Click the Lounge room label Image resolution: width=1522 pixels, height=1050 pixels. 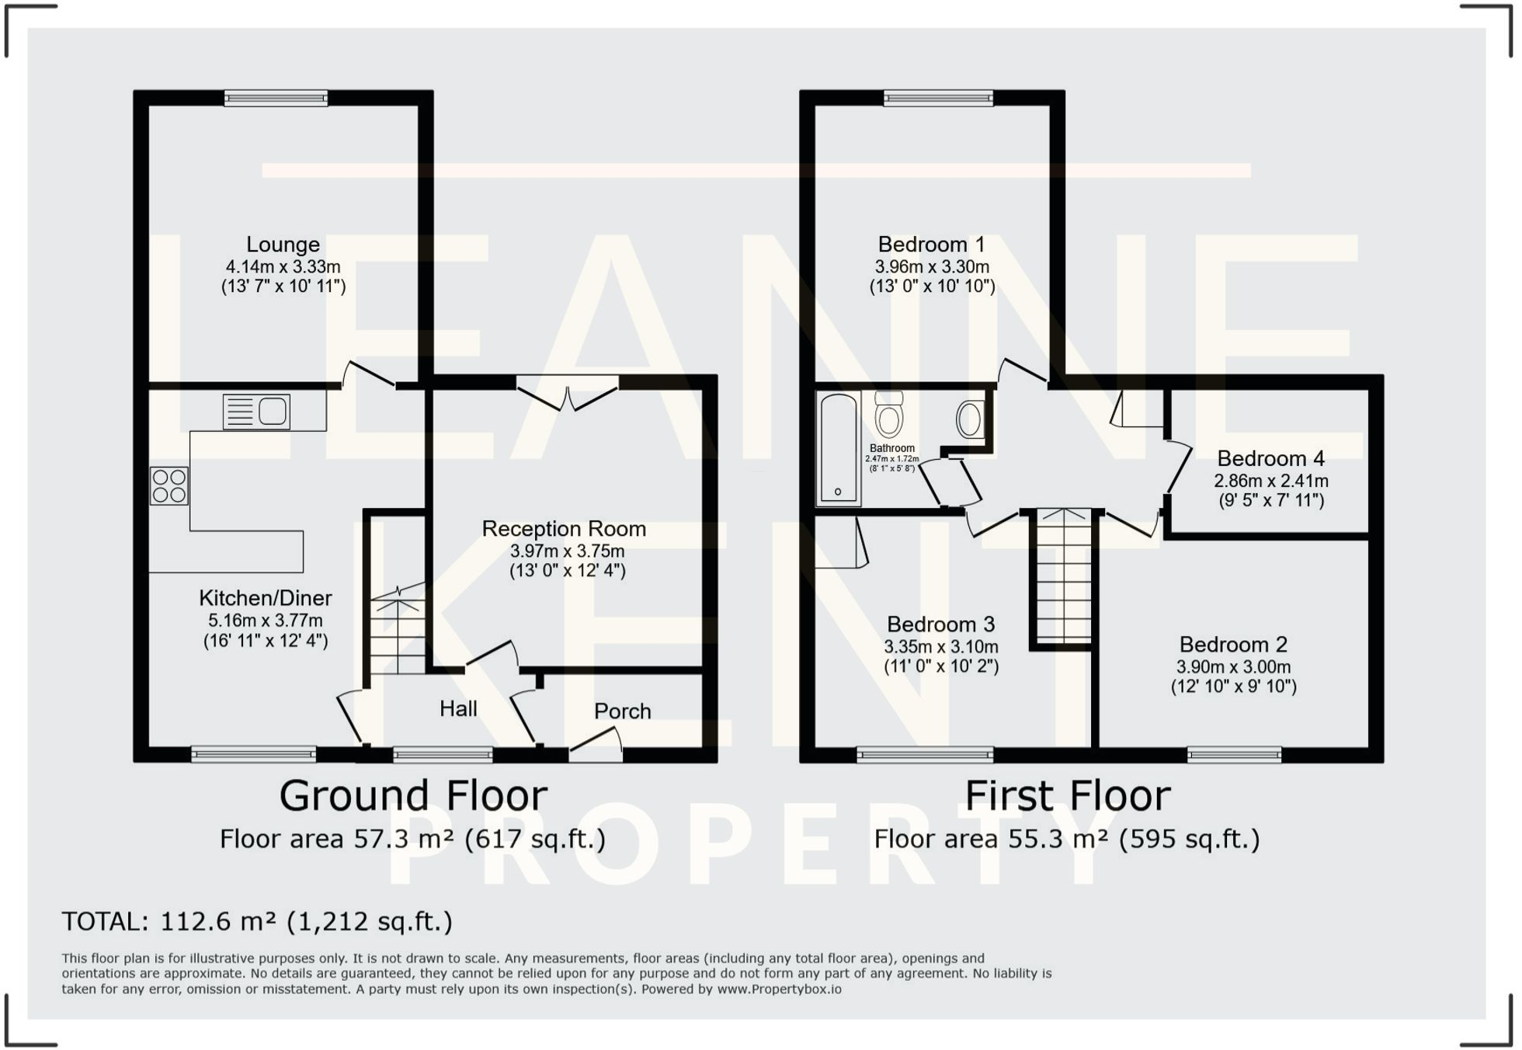pos(283,245)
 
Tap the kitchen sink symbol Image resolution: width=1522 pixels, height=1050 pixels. pos(256,412)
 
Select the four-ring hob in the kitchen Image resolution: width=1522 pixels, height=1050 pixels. pos(169,486)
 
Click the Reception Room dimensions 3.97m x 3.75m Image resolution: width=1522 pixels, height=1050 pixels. pos(567,551)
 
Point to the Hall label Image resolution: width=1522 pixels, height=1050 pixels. pos(458,708)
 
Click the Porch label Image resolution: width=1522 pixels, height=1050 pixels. pos(622,711)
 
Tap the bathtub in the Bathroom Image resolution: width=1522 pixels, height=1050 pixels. pos(838,448)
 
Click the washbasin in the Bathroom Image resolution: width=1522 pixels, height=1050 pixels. pos(969,420)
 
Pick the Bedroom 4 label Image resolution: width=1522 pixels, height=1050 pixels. pos(1270,458)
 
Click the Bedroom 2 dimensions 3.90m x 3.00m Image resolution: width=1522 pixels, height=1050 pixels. pos(1233,666)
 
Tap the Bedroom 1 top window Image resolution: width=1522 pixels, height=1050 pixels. pos(938,98)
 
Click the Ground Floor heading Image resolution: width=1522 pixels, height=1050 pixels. pos(413,796)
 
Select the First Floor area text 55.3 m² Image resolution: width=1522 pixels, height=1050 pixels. pos(1066,840)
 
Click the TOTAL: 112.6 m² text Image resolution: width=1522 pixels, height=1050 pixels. pos(256,922)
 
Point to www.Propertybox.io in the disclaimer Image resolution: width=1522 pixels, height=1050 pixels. pos(779,989)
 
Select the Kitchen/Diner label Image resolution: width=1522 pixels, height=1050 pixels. pos(265,598)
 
